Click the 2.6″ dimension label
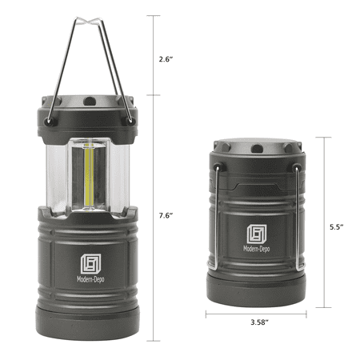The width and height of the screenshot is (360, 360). coord(166,59)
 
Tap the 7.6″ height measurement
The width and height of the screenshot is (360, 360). coord(166,215)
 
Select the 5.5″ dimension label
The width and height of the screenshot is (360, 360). coord(336,227)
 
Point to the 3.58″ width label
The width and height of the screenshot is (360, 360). coord(259,322)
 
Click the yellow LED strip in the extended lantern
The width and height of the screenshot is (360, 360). coord(89,176)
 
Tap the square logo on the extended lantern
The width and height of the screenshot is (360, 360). coord(91,264)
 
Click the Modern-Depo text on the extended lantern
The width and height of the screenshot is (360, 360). coord(90,279)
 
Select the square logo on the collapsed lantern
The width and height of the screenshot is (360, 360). coord(257,234)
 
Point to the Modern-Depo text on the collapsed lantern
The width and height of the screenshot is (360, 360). coord(256,249)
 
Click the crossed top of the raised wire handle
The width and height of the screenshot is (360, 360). coord(88,21)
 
